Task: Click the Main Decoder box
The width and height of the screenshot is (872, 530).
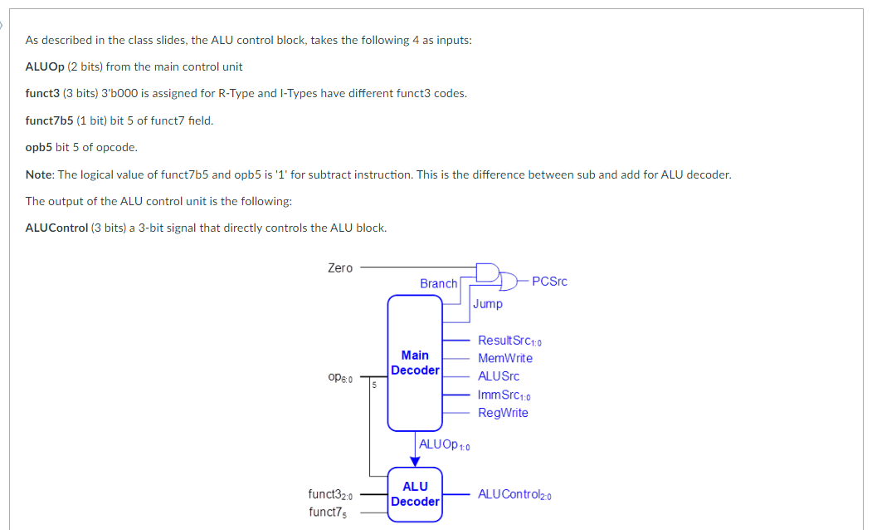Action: (x=415, y=363)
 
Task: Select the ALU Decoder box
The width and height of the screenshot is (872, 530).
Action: (x=415, y=494)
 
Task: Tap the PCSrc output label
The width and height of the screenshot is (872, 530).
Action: (x=549, y=282)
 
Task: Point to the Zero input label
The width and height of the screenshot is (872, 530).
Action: (x=340, y=267)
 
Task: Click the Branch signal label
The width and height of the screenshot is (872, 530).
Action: (x=438, y=283)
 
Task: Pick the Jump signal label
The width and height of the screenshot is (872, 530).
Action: (x=488, y=304)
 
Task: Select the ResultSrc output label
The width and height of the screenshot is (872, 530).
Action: (x=509, y=341)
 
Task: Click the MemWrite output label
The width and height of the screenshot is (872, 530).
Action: (x=505, y=358)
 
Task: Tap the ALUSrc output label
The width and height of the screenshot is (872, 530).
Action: (x=499, y=376)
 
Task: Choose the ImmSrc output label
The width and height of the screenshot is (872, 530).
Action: (x=503, y=395)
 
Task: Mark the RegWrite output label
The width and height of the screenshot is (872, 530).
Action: (x=503, y=413)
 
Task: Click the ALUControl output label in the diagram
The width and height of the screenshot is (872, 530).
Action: (x=514, y=494)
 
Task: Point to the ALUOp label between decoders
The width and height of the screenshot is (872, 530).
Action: (x=445, y=444)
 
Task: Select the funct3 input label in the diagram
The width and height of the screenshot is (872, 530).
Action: (x=331, y=495)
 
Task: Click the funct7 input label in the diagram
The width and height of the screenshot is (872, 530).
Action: (x=328, y=512)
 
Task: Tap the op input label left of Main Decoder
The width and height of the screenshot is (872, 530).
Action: (x=340, y=378)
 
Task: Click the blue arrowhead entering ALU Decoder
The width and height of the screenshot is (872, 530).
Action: (x=415, y=462)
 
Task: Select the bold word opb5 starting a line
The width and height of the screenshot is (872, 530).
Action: (x=39, y=147)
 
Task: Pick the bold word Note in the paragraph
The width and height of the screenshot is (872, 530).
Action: (x=39, y=174)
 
